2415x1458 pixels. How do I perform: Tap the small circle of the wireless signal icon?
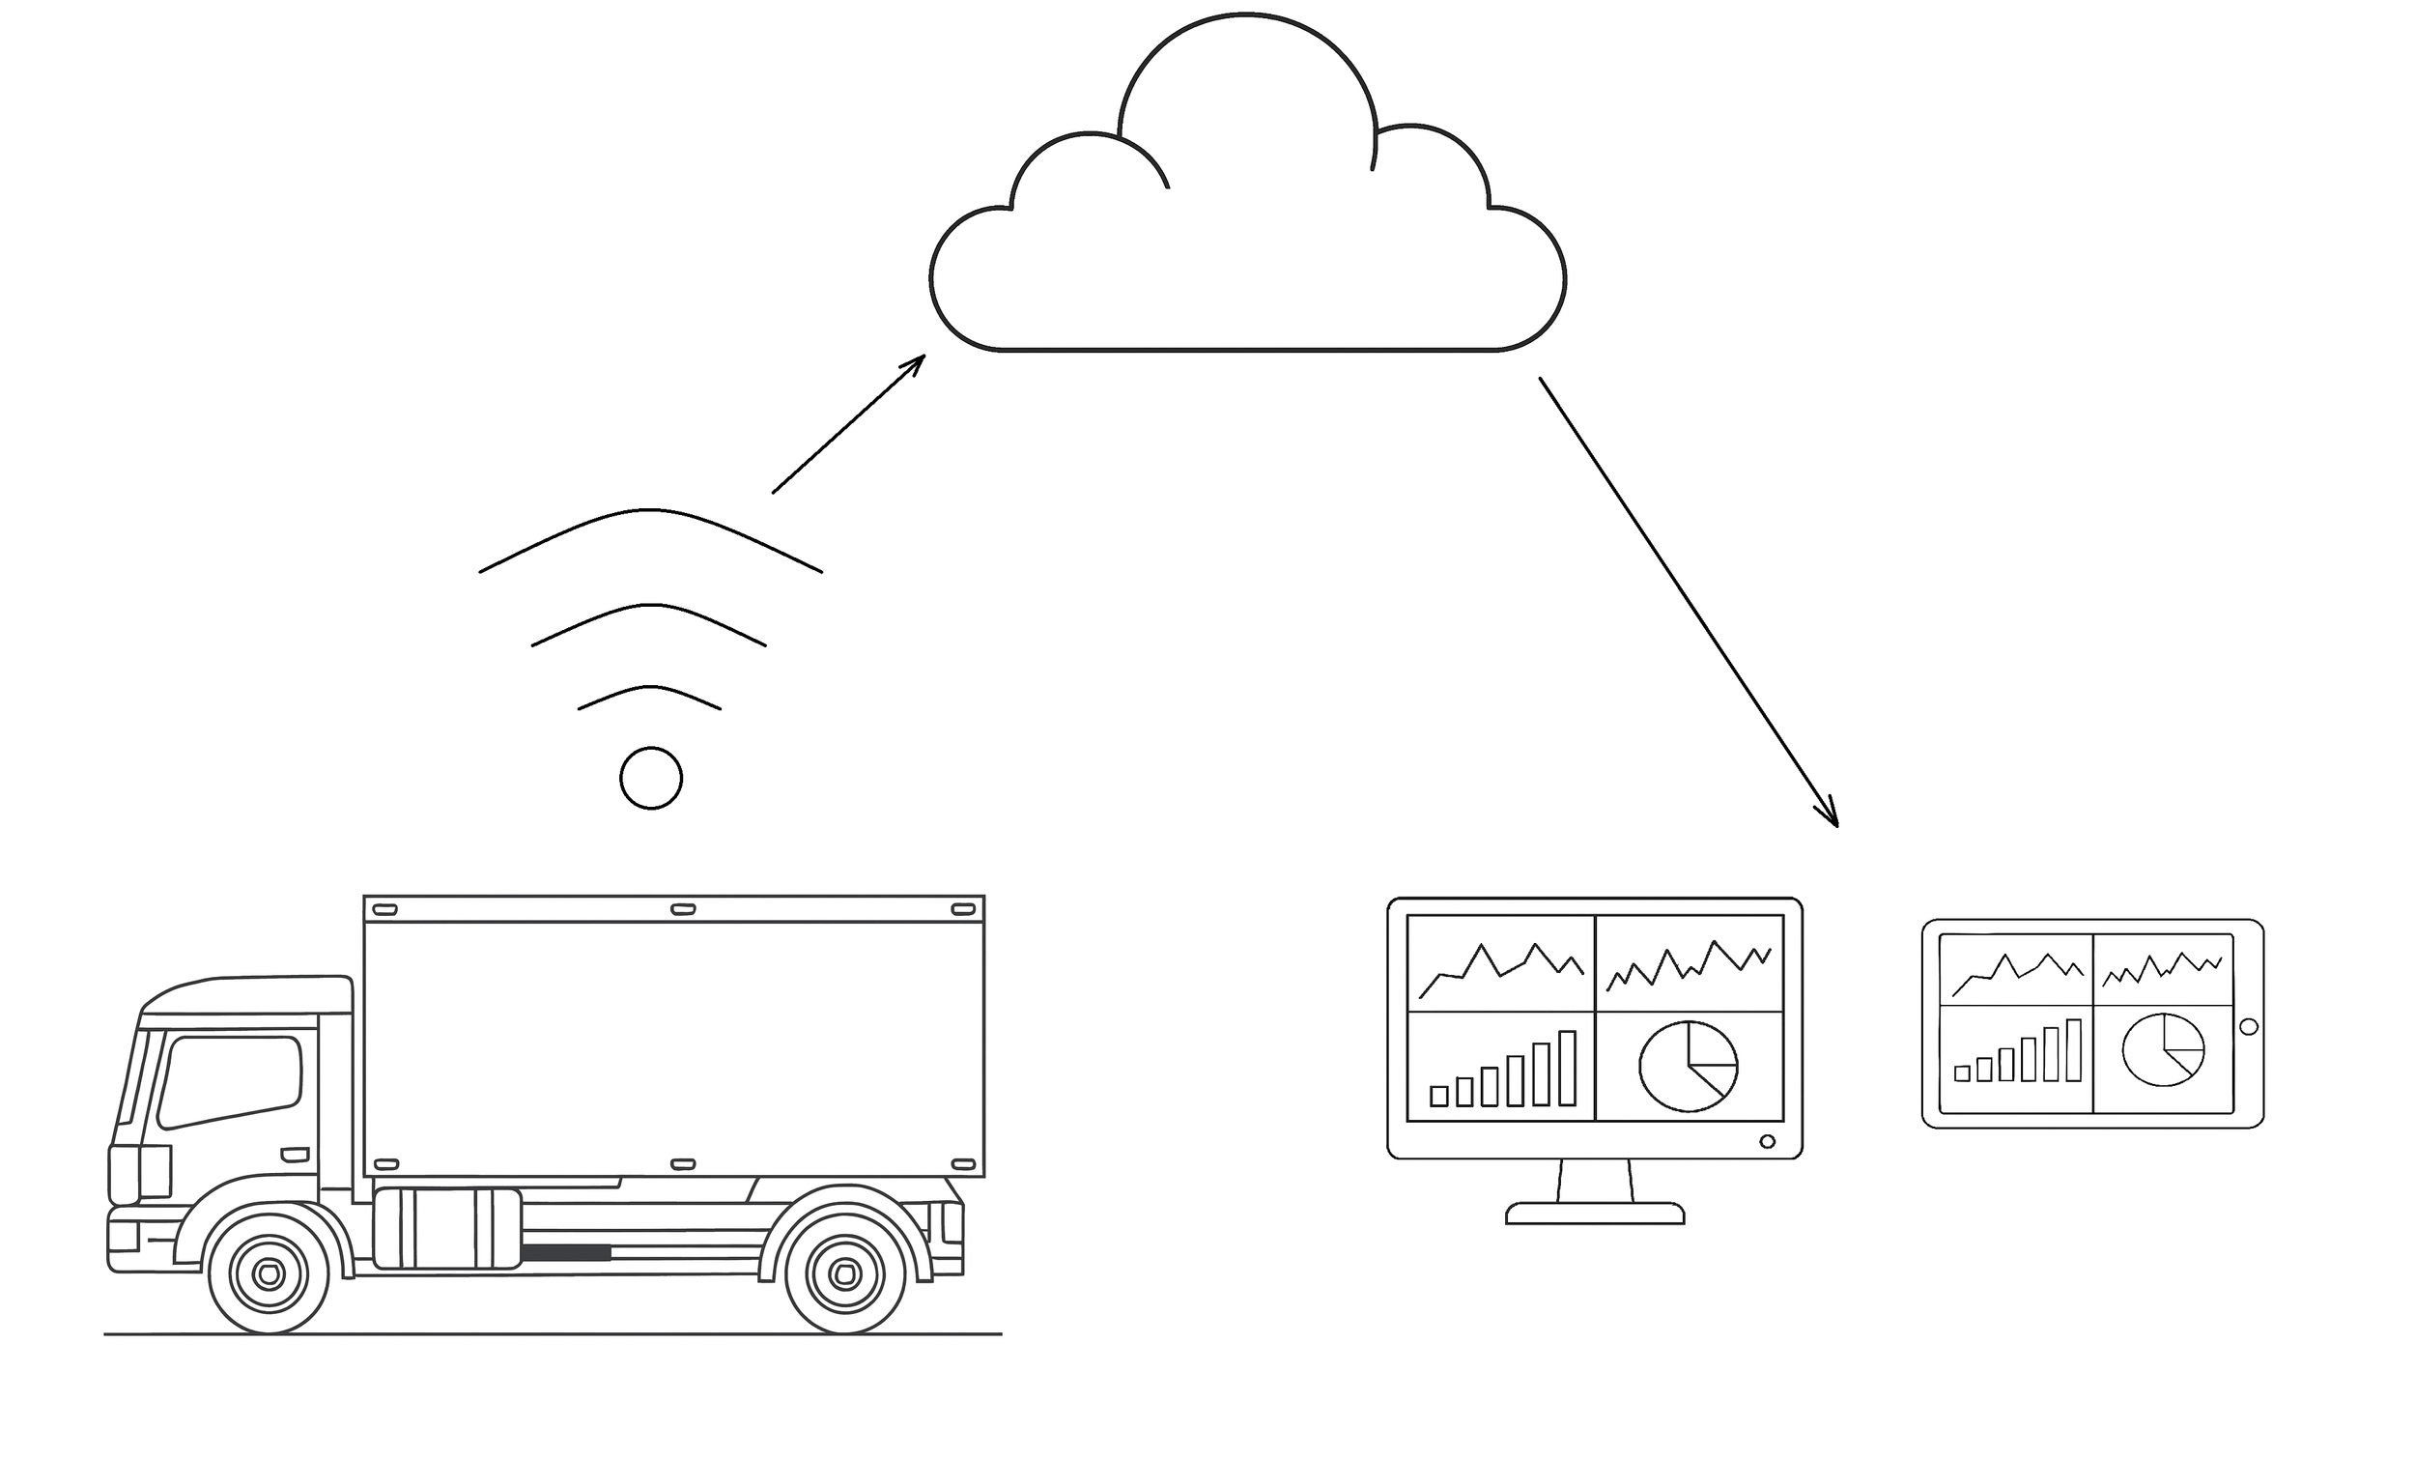pyautogui.click(x=651, y=779)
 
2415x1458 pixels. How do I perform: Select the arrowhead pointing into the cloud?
pyautogui.click(x=917, y=362)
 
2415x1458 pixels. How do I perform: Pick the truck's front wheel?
pyautogui.click(x=269, y=1273)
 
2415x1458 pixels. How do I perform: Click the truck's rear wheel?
pyautogui.click(x=845, y=1273)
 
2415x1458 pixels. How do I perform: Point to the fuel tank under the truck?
pyautogui.click(x=447, y=1229)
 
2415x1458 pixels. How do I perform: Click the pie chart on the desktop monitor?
pyautogui.click(x=1688, y=1066)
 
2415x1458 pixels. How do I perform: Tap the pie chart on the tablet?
pyautogui.click(x=2163, y=1050)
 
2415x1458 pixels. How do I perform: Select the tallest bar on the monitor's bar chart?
pyautogui.click(x=1566, y=1068)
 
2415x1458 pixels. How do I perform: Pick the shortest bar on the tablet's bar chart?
pyautogui.click(x=1962, y=1073)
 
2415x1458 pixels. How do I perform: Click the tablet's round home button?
pyautogui.click(x=2250, y=1026)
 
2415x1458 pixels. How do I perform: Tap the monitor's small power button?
pyautogui.click(x=1767, y=1141)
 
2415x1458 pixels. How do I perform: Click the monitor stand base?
pyautogui.click(x=1595, y=1214)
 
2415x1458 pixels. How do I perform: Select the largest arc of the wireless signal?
pyautogui.click(x=650, y=511)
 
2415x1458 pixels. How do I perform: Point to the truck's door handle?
pyautogui.click(x=295, y=1154)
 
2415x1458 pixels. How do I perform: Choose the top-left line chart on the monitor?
pyautogui.click(x=1499, y=964)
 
